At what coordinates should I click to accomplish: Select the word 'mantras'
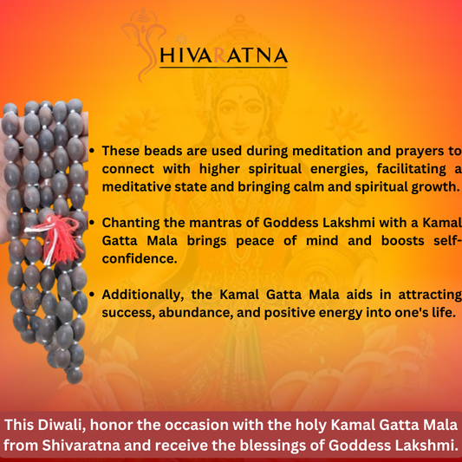coord(226,223)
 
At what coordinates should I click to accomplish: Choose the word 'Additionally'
coord(147,295)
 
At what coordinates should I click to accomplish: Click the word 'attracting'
coord(426,295)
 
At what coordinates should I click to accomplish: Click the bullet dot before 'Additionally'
coord(93,295)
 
